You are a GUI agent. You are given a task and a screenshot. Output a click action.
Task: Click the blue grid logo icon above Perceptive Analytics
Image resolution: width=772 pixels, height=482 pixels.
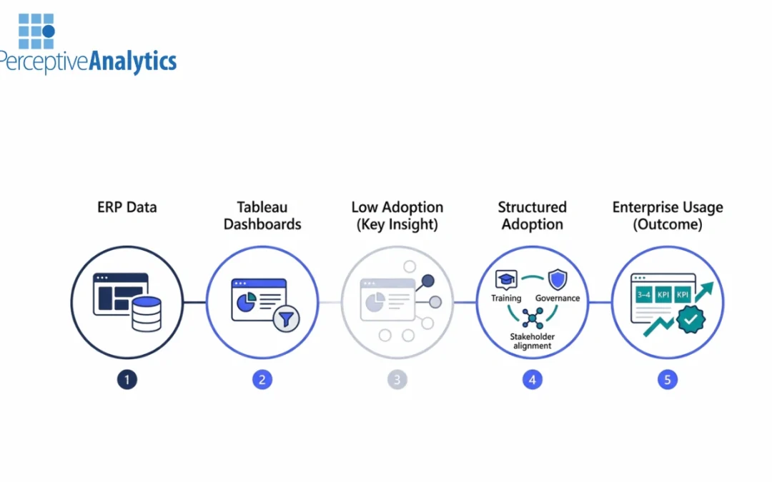[36, 31]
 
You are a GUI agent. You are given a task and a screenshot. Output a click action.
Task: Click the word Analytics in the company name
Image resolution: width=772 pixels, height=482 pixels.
[132, 61]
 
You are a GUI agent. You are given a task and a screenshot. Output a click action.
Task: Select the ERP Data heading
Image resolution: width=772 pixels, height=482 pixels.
[127, 208]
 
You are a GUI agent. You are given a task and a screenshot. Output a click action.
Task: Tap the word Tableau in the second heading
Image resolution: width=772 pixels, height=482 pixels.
[262, 208]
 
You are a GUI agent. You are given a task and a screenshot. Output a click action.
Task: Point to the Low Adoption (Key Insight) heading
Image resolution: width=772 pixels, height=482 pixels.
[397, 216]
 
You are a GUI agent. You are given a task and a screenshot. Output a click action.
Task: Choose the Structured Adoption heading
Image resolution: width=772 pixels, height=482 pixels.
[532, 216]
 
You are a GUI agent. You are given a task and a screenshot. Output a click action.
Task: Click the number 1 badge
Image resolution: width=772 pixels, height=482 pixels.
[127, 380]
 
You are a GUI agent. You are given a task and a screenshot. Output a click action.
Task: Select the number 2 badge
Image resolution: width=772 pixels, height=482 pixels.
[262, 380]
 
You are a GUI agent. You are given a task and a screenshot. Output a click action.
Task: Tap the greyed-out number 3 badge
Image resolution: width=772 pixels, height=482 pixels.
[397, 380]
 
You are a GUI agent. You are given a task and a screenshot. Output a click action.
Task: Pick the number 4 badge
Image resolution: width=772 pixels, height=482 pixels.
[532, 380]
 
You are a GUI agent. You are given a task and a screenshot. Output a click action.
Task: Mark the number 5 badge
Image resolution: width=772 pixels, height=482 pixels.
[667, 380]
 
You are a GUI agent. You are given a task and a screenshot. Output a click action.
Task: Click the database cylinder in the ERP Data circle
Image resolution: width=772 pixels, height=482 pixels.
[147, 313]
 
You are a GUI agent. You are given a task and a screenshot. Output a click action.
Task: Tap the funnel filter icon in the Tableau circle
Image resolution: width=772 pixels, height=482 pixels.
[285, 318]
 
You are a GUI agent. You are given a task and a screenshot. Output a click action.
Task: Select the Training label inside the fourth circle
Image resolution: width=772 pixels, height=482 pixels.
[506, 298]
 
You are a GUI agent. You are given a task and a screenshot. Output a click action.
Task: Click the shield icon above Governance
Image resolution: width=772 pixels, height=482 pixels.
[558, 279]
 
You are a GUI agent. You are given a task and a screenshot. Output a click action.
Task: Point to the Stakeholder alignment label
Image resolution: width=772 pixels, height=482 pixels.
[532, 341]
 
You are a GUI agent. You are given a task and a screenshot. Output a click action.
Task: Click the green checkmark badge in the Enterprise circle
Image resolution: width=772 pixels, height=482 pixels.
[690, 320]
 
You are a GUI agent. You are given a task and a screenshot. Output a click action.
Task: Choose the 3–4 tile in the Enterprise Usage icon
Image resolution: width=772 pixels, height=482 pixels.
[644, 294]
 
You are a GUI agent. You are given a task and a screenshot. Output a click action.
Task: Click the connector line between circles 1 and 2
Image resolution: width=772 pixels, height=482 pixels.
[194, 302]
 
